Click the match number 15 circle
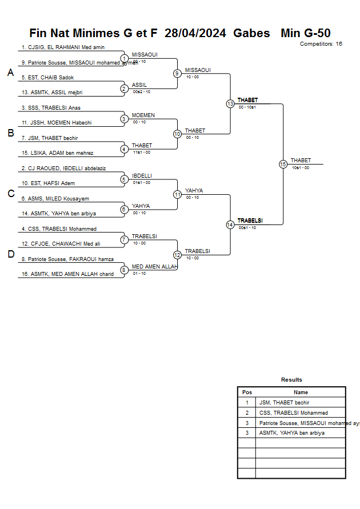(x=283, y=164)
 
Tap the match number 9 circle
(x=177, y=73)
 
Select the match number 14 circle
(x=230, y=225)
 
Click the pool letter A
(x=10, y=73)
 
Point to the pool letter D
(x=10, y=254)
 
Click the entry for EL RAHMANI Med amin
(x=63, y=47)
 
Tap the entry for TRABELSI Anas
(x=51, y=107)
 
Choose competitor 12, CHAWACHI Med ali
(x=60, y=244)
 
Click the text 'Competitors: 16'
(x=321, y=43)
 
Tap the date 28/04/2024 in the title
(x=195, y=33)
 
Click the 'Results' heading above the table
(x=291, y=380)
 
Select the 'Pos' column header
(x=247, y=392)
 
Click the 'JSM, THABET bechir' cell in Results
(x=285, y=403)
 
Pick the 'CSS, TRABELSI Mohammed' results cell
(x=294, y=412)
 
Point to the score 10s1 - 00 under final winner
(x=300, y=167)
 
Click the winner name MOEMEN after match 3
(x=143, y=115)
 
